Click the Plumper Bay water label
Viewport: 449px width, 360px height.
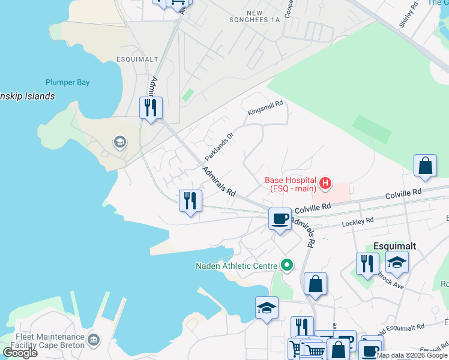pyautogui.click(x=67, y=83)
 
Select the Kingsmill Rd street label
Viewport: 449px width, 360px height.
pyautogui.click(x=265, y=109)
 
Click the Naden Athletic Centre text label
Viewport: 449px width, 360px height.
pyautogui.click(x=237, y=266)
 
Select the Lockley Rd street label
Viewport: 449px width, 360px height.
pyautogui.click(x=357, y=222)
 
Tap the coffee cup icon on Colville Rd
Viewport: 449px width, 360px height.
pyautogui.click(x=279, y=219)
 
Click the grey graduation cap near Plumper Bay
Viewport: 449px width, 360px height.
pyautogui.click(x=119, y=142)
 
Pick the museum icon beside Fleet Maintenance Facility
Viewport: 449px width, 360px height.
pyautogui.click(x=93, y=340)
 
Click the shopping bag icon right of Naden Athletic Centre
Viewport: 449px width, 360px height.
pyautogui.click(x=315, y=283)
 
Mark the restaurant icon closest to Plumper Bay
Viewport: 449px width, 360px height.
pyautogui.click(x=150, y=108)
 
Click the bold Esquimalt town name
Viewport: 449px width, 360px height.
pyautogui.click(x=395, y=246)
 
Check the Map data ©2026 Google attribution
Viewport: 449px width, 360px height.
pyautogui.click(x=412, y=355)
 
